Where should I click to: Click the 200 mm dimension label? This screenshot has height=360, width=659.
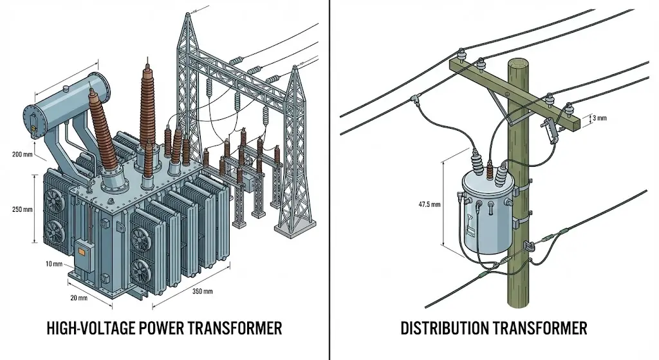[21, 155]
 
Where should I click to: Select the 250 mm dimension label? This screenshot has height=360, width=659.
[21, 209]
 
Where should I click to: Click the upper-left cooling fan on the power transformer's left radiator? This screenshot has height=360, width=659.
[53, 198]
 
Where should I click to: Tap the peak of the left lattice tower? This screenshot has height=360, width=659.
[192, 14]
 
